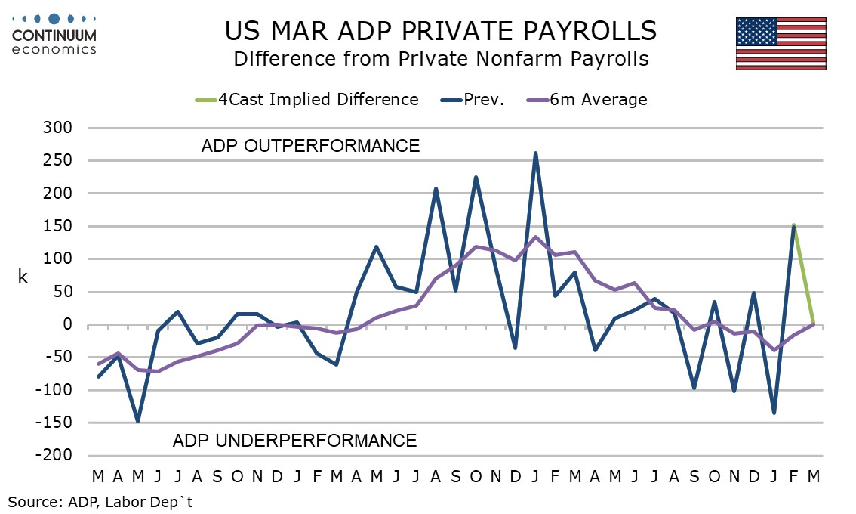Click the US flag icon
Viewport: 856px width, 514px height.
click(x=781, y=43)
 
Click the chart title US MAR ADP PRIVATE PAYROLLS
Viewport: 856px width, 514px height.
click(x=441, y=31)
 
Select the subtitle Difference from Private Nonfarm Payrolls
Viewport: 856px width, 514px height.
click(x=441, y=59)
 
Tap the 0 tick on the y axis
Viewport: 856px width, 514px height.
click(x=66, y=325)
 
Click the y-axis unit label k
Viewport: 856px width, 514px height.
click(x=22, y=277)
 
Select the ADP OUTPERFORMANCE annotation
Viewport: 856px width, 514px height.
click(x=310, y=146)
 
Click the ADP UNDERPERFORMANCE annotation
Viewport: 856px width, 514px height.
click(x=294, y=440)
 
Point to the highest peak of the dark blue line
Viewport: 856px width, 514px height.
click(x=535, y=153)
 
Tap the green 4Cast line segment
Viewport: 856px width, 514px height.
click(x=804, y=276)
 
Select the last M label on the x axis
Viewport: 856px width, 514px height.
click(x=814, y=477)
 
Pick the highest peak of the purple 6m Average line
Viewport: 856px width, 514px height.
click(x=535, y=237)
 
